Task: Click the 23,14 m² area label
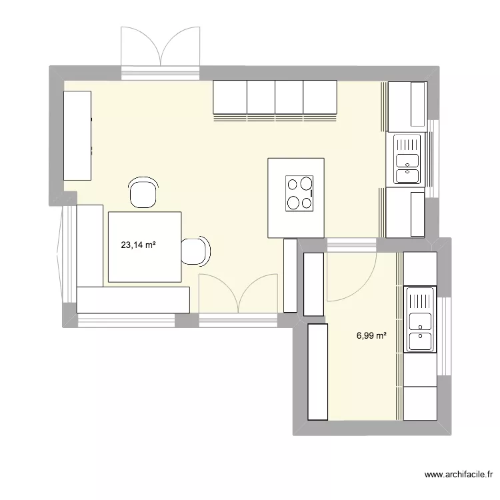pos(138,245)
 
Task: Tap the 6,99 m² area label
pos(371,336)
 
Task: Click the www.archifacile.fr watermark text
pos(458,475)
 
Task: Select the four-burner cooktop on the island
pos(299,192)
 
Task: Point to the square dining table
pos(145,247)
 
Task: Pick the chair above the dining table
pos(143,192)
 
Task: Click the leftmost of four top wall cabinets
pos(230,97)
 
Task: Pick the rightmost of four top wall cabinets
pos(321,97)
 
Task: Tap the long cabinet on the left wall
pos(77,135)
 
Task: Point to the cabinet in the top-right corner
pos(407,105)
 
